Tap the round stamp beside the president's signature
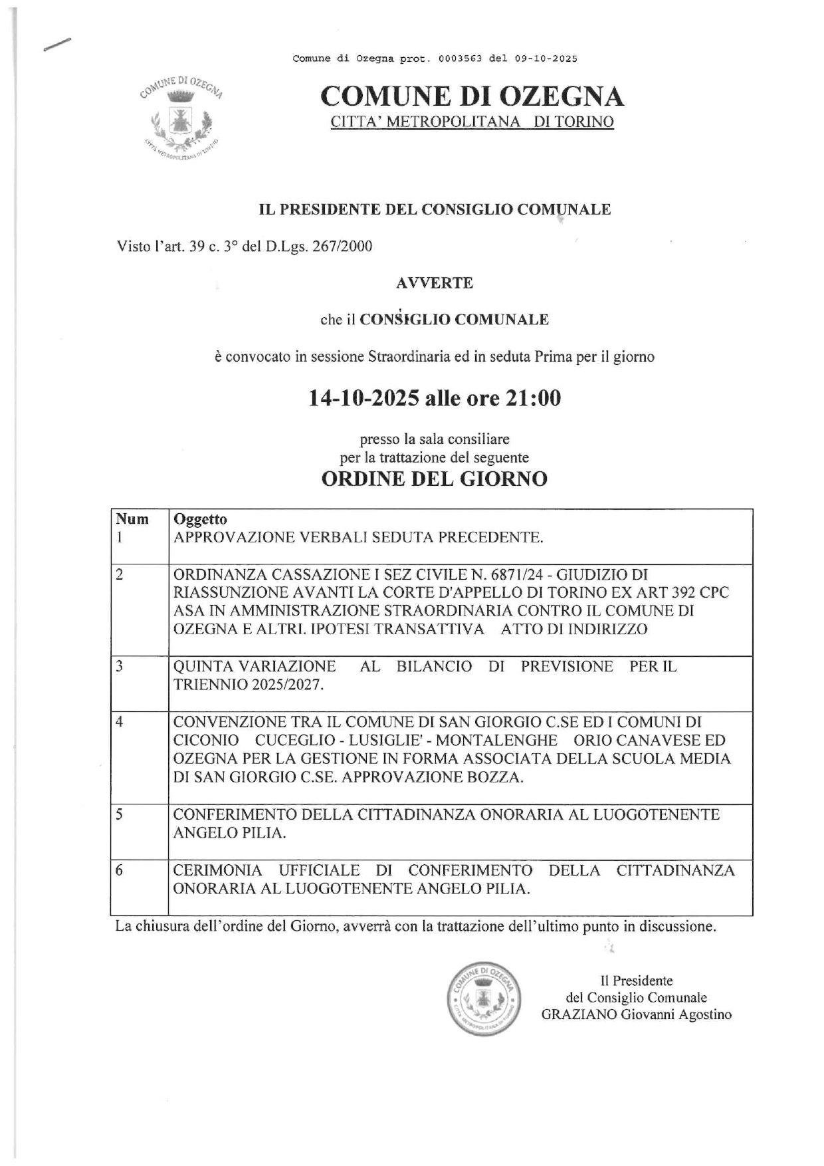click(483, 998)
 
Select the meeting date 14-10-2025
click(363, 398)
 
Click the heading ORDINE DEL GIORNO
click(434, 479)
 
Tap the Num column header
click(132, 519)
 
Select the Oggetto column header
click(200, 519)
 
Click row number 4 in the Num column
click(120, 722)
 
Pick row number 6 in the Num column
click(120, 870)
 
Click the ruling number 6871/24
click(510, 574)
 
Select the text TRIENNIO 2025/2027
click(248, 685)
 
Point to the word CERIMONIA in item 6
click(217, 870)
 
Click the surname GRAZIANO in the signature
click(577, 1014)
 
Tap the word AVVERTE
click(434, 283)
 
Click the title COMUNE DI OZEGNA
click(472, 97)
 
